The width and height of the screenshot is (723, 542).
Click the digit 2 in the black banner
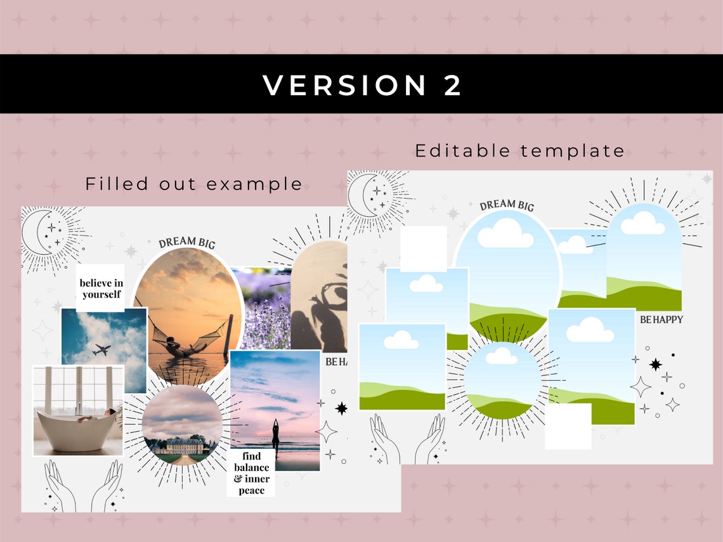452,86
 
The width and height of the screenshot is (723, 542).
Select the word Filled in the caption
117,184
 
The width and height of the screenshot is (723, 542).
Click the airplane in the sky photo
101,349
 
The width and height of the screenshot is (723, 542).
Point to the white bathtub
76,431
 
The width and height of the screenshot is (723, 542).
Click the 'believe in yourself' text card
101,288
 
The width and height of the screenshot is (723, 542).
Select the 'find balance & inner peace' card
251,473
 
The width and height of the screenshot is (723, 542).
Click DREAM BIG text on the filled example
187,242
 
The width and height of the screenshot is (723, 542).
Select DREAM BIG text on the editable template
507,205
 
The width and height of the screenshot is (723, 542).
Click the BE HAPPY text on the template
661,319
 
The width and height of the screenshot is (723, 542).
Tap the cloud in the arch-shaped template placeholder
642,223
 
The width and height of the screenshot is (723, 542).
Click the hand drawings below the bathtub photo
83,485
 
